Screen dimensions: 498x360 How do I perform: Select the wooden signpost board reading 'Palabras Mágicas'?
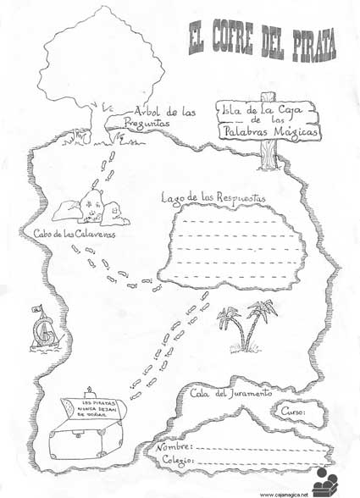(x=270, y=132)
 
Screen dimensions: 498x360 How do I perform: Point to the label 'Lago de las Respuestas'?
(x=213, y=197)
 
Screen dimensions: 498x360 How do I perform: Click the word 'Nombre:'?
(x=174, y=444)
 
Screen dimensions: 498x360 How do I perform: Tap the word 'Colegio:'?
(x=178, y=460)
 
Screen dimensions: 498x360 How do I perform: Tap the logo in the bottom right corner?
(x=325, y=480)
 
